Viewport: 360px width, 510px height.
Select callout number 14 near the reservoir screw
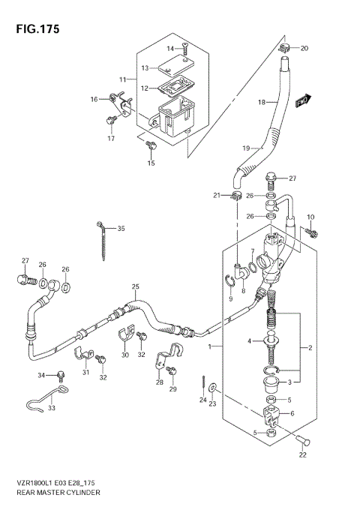pyautogui.click(x=170, y=49)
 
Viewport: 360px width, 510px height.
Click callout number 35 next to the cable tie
pyautogui.click(x=121, y=228)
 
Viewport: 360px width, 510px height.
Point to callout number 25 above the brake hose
pyautogui.click(x=136, y=287)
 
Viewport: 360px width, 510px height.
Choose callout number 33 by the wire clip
pyautogui.click(x=52, y=408)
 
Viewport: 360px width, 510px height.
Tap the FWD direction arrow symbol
pyautogui.click(x=301, y=100)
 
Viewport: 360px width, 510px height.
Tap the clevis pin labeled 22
pyautogui.click(x=301, y=439)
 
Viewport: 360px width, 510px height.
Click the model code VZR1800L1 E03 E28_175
pyautogui.click(x=58, y=481)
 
